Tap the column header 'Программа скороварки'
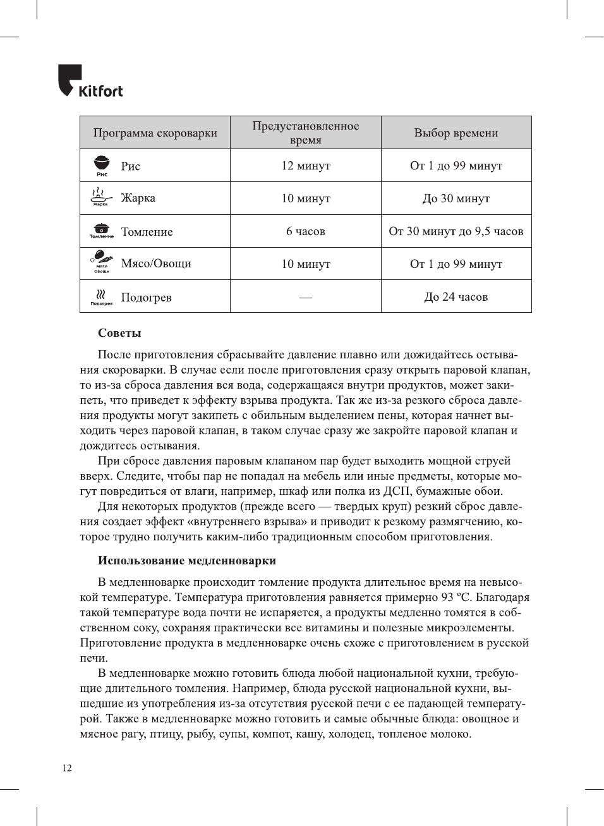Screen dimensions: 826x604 (x=155, y=133)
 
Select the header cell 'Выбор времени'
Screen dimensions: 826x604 (x=456, y=133)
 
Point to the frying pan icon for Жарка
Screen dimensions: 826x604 (x=100, y=197)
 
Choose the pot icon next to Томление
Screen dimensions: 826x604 (x=101, y=230)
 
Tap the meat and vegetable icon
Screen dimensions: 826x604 (x=101, y=261)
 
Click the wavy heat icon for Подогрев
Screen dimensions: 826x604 (x=101, y=295)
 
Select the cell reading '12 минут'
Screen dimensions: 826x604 (x=305, y=166)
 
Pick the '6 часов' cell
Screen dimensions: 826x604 (x=305, y=231)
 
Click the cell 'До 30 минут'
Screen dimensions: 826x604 (x=456, y=198)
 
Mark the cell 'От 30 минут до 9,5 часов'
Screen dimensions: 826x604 (x=456, y=231)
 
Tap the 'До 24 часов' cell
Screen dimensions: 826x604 (x=456, y=297)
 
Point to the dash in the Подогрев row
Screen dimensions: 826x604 (x=305, y=297)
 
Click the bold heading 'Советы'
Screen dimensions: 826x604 (x=119, y=333)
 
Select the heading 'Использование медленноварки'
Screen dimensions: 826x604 (x=186, y=561)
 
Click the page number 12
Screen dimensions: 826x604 (x=67, y=768)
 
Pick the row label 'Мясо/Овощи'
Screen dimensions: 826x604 (x=156, y=264)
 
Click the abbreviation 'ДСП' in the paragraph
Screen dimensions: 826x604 (x=397, y=491)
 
